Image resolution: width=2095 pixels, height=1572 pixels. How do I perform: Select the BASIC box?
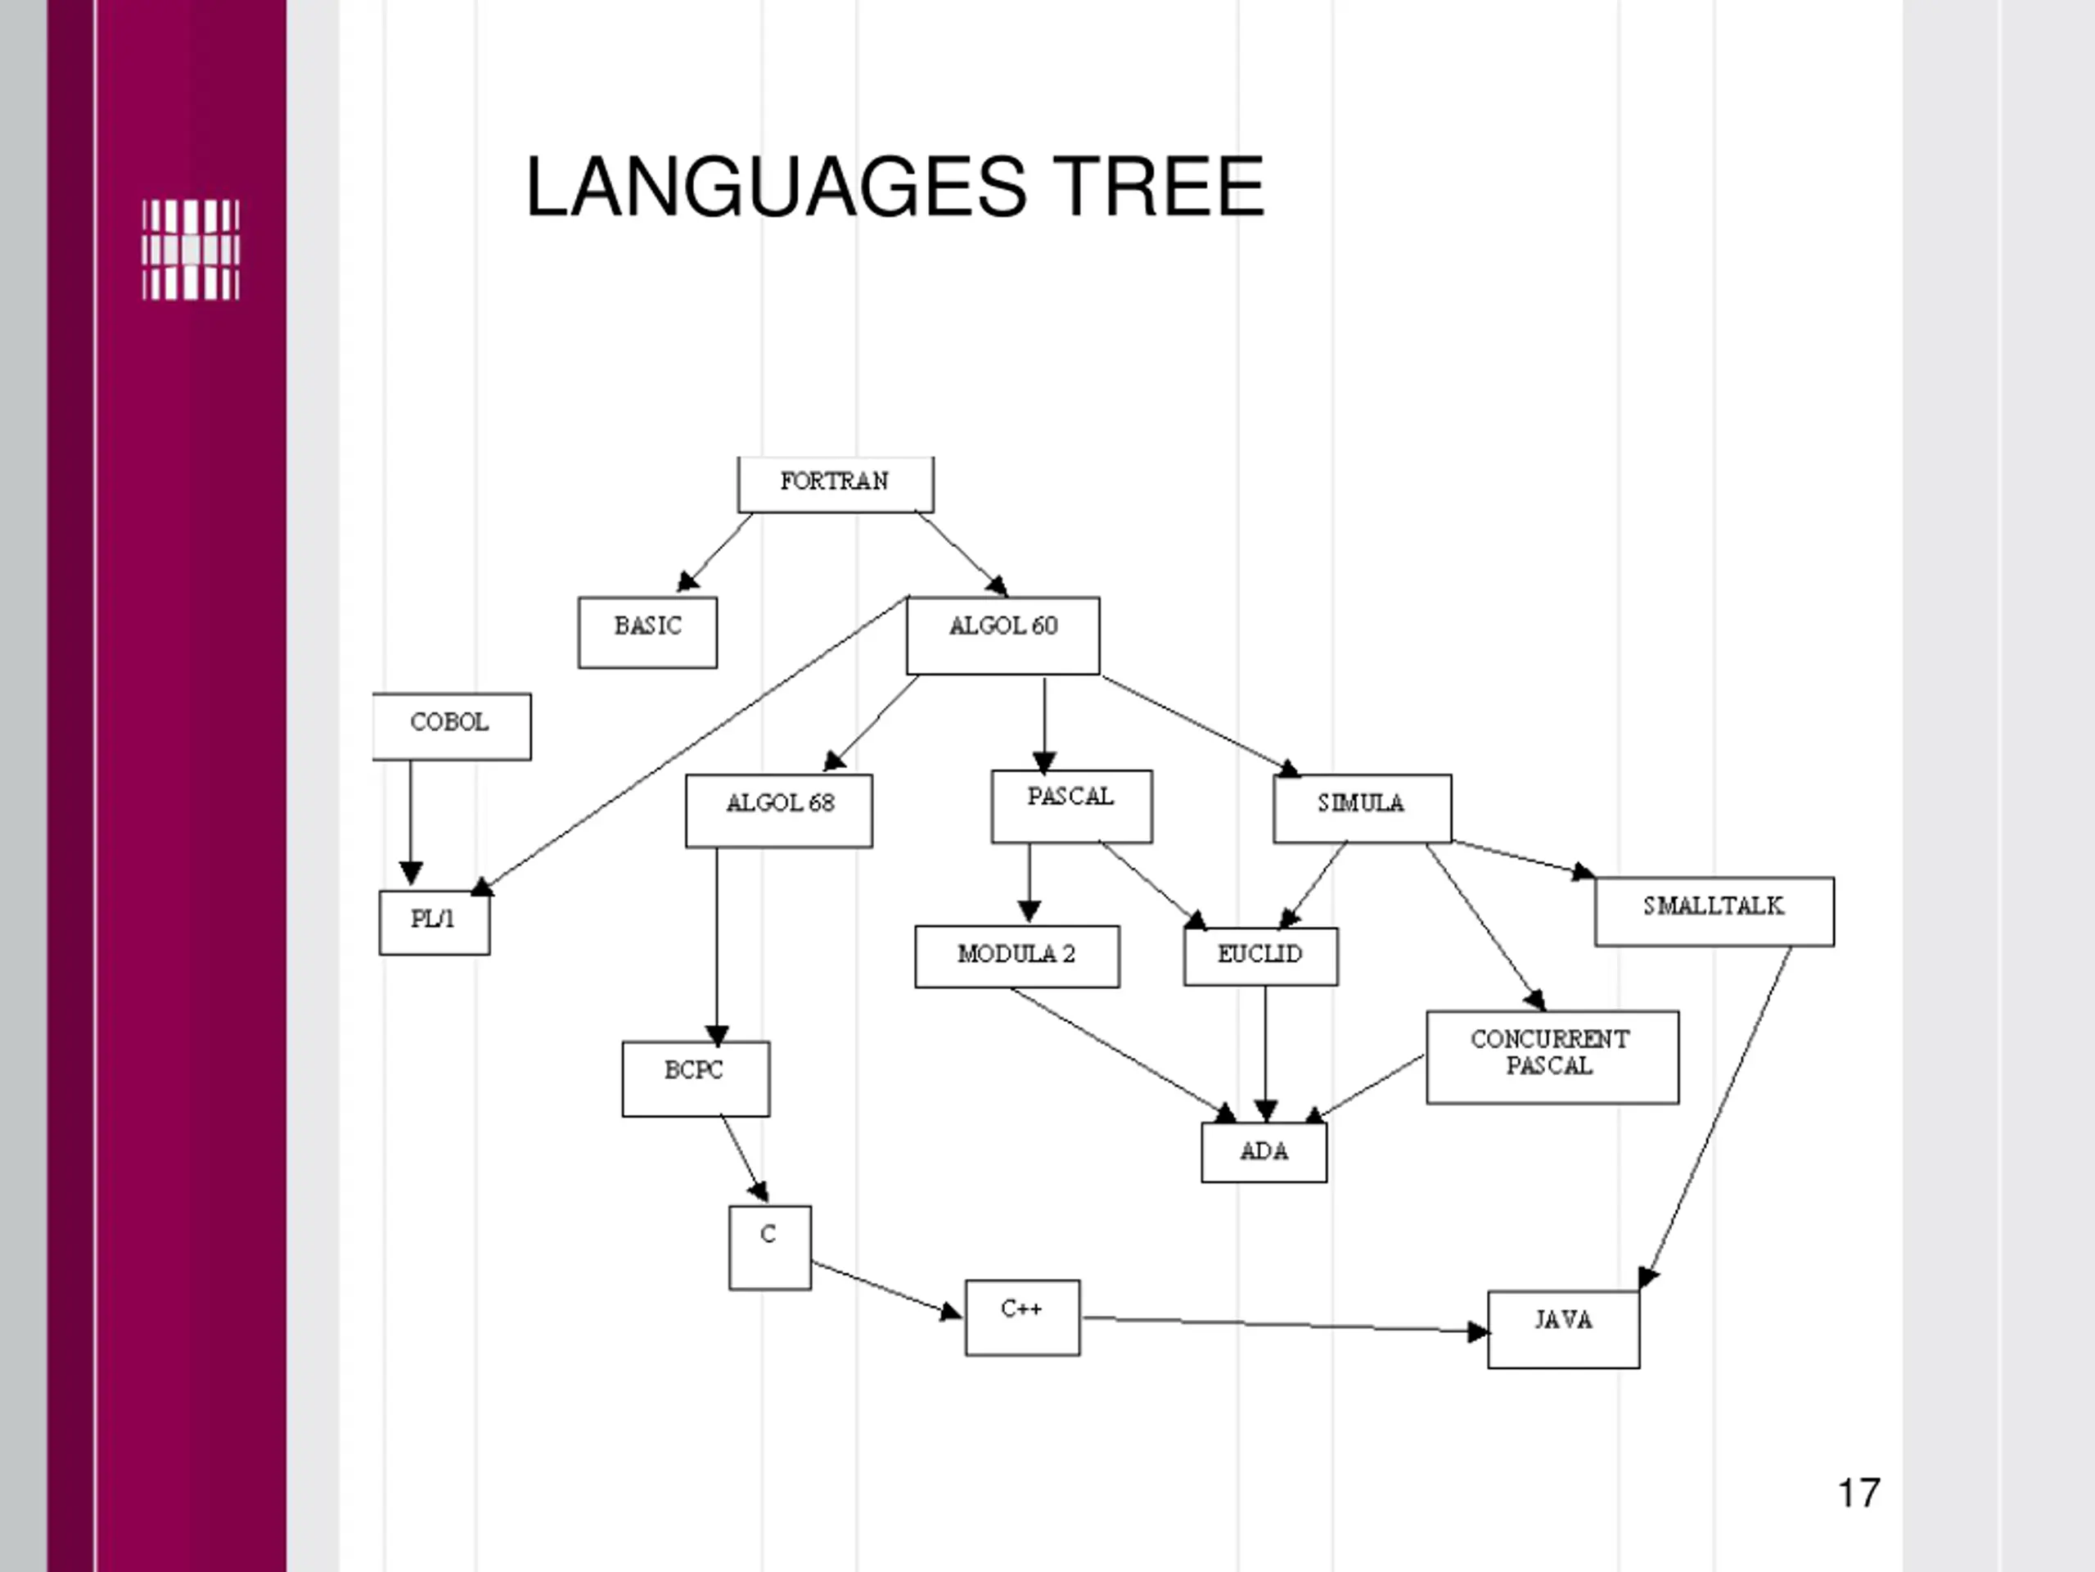click(x=648, y=632)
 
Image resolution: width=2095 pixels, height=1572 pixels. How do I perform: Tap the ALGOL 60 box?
click(x=1003, y=635)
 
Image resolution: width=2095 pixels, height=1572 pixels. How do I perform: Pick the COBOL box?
click(x=451, y=726)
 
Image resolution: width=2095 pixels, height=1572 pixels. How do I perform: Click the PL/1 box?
click(x=434, y=922)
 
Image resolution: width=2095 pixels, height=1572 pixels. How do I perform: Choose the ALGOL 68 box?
click(x=778, y=811)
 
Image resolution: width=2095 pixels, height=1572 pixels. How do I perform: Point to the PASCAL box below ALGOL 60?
click(x=1071, y=806)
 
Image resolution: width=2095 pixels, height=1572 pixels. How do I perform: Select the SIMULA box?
click(x=1362, y=807)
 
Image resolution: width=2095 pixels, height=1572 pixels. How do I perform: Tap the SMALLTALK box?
click(x=1714, y=910)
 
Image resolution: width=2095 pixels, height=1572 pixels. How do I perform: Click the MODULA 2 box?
click(x=1016, y=956)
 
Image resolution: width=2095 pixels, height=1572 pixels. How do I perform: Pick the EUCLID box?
click(x=1260, y=956)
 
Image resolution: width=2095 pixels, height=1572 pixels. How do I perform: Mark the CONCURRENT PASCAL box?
click(x=1552, y=1056)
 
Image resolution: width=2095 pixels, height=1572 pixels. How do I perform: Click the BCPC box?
click(x=695, y=1078)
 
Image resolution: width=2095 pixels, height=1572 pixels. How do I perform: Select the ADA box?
click(x=1264, y=1152)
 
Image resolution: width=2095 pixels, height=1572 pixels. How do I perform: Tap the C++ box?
click(x=1022, y=1317)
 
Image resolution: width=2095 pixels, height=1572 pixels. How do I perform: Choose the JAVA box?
click(x=1563, y=1329)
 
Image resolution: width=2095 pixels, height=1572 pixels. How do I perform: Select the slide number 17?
click(x=1858, y=1493)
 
